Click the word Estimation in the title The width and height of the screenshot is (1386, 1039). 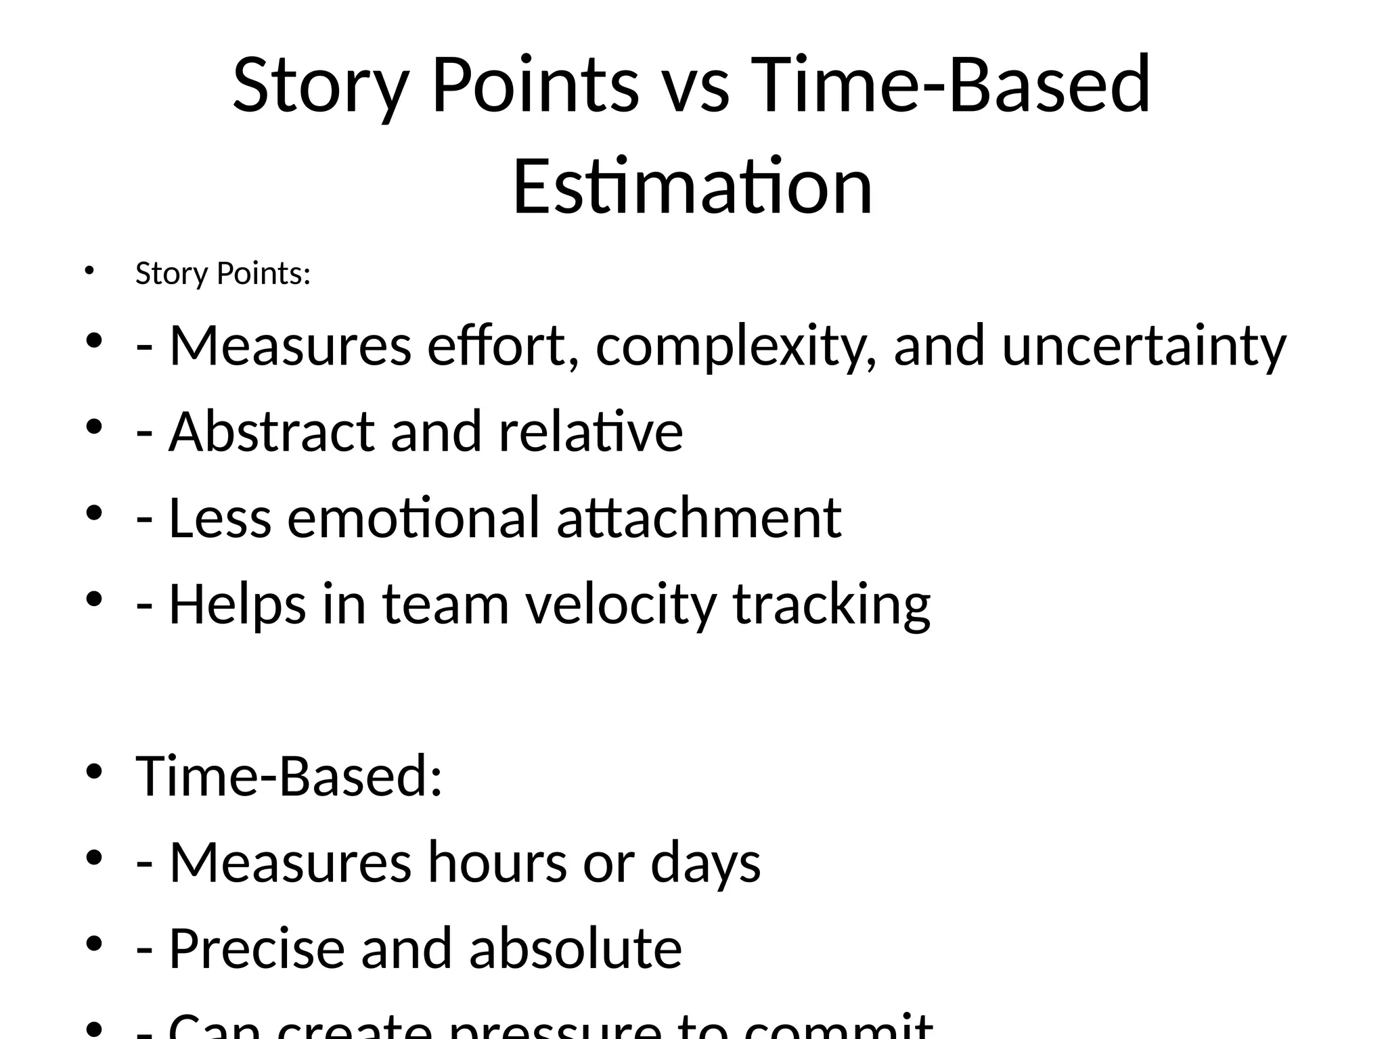click(x=692, y=187)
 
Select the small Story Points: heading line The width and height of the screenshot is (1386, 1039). click(x=223, y=274)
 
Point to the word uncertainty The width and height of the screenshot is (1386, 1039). click(x=1144, y=346)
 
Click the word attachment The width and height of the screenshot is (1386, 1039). click(x=699, y=518)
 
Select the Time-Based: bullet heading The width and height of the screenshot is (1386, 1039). click(x=289, y=776)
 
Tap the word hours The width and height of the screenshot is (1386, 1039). click(x=497, y=862)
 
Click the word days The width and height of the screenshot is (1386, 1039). click(x=705, y=864)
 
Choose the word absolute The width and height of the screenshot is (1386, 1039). click(x=575, y=948)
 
